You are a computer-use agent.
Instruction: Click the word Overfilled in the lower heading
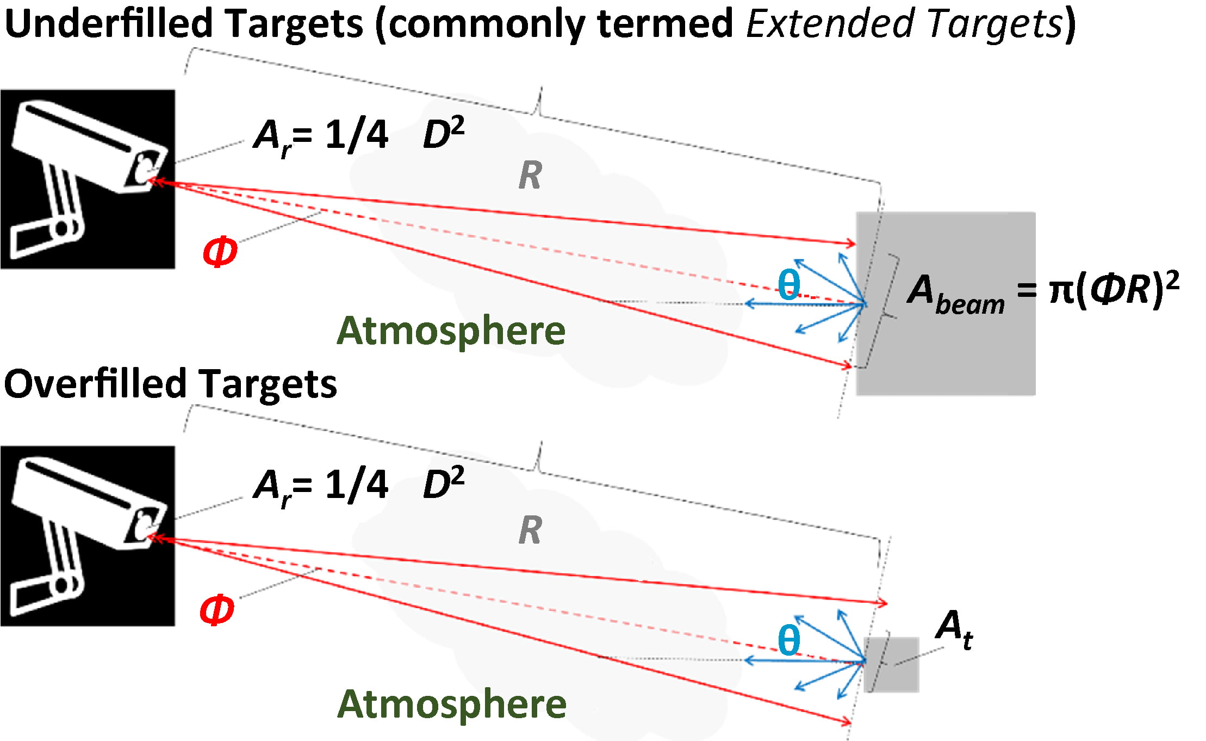coord(95,384)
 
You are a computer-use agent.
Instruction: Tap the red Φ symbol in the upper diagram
coord(220,252)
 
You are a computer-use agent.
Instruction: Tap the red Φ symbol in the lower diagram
coord(216,609)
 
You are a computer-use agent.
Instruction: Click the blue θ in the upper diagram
coord(789,284)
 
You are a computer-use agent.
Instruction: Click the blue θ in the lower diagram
coord(789,640)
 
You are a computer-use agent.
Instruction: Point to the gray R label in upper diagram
coord(530,176)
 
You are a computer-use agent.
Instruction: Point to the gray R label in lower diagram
coord(530,530)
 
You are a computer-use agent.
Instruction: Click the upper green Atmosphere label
coord(451,331)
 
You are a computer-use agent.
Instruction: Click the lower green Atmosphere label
coord(451,705)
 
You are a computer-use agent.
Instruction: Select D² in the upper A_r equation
coord(443,134)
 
